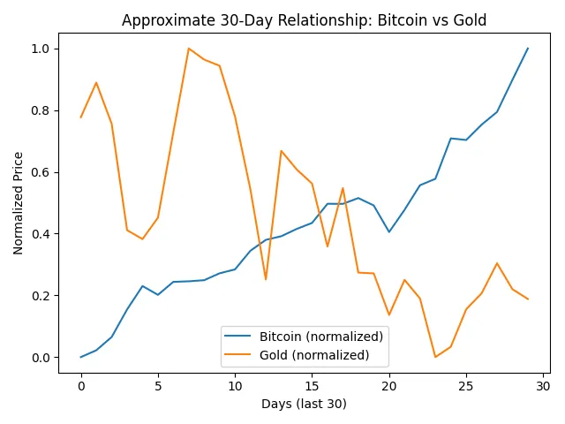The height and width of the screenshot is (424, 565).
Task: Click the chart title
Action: (304, 20)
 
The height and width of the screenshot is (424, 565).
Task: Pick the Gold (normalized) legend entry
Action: (314, 355)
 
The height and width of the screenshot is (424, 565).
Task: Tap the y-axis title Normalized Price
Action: (19, 203)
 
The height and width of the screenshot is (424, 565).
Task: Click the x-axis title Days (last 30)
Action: (304, 404)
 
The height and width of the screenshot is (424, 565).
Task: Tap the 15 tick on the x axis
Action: (312, 385)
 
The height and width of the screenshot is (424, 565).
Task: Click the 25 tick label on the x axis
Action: (466, 385)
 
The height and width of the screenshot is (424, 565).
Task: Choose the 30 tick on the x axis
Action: (543, 385)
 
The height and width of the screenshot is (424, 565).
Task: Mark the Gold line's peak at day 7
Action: (189, 49)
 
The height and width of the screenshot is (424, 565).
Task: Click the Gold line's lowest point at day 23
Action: (435, 357)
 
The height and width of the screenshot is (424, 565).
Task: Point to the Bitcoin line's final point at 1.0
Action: (528, 49)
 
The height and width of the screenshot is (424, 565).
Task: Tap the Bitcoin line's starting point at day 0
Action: (81, 357)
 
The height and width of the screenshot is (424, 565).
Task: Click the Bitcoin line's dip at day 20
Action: (389, 231)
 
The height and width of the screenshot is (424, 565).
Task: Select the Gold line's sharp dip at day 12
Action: (266, 279)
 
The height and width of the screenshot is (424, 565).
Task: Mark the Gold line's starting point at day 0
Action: (81, 117)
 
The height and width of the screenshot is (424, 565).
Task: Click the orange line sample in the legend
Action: (239, 355)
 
